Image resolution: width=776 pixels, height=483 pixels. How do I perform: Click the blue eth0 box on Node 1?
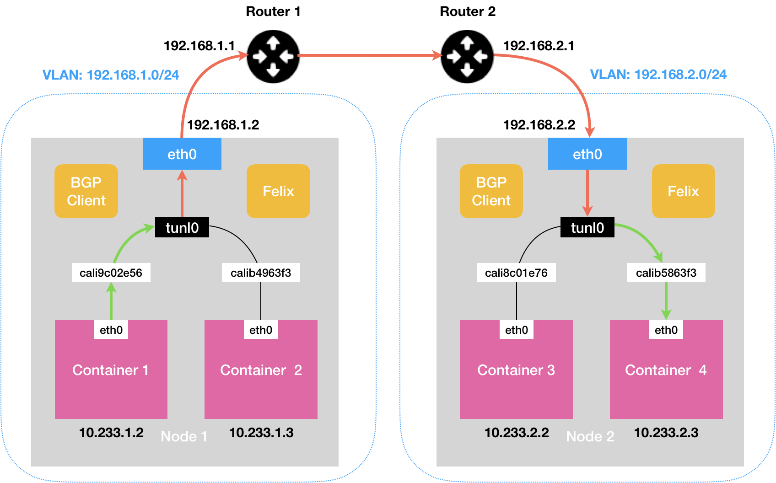coord(182,154)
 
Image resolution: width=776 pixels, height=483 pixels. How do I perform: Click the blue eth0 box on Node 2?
coord(587,154)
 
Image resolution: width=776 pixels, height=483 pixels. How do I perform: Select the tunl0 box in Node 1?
coord(182,227)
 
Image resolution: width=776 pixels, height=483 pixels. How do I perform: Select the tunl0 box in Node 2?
coord(587,227)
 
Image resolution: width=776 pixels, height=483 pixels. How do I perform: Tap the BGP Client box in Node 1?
coord(86,191)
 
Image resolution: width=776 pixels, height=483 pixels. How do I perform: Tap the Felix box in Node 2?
coord(683,191)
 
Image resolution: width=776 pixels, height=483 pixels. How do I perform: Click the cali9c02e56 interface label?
coord(111,273)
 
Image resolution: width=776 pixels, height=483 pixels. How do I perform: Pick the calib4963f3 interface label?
coord(261,273)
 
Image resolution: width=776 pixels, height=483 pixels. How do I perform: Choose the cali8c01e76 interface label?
coord(516,273)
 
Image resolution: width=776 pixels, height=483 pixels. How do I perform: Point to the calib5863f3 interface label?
coord(666,273)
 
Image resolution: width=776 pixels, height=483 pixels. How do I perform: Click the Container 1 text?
coord(111,370)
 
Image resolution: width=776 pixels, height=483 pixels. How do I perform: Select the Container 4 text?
coord(666,370)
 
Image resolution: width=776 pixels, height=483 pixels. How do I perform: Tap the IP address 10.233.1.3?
coord(261,433)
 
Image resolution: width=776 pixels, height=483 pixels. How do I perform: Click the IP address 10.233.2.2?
coord(517,433)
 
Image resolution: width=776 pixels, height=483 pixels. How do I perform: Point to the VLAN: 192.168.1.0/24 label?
coord(111,75)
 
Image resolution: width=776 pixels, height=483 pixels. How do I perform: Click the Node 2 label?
coord(590,436)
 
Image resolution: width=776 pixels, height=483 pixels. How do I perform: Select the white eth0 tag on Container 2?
coord(261,330)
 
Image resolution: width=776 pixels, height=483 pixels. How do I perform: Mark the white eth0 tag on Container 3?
coord(517,330)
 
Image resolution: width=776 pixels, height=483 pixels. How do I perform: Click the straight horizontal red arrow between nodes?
coord(370,55)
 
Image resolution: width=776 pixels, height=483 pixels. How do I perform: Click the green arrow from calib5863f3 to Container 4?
coord(666,301)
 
